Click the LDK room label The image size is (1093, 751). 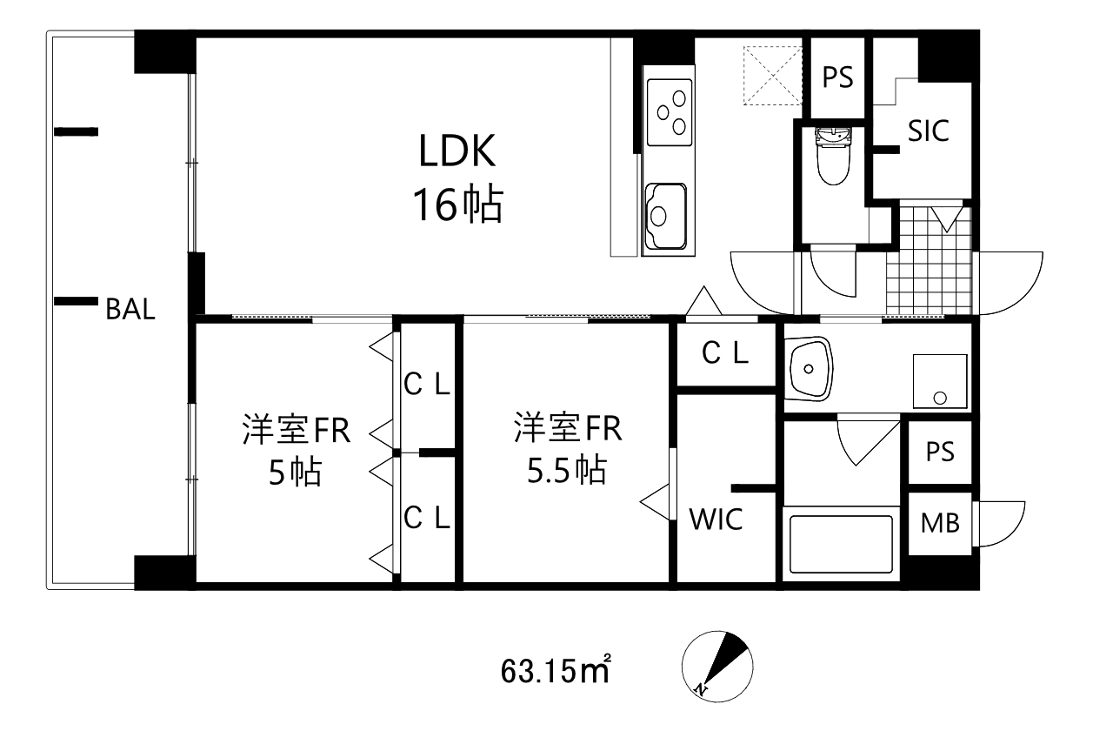(457, 151)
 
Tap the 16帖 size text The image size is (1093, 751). (457, 206)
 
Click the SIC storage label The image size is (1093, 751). (928, 131)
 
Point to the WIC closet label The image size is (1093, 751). (716, 520)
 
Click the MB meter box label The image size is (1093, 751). (940, 524)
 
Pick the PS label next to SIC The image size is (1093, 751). (838, 78)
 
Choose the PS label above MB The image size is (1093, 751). (940, 453)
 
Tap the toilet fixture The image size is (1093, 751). (833, 157)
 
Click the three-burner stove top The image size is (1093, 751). (669, 111)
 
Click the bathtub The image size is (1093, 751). (839, 544)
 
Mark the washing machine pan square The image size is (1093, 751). (939, 381)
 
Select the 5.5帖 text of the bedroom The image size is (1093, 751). (566, 471)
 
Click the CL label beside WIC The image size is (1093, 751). (724, 353)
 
